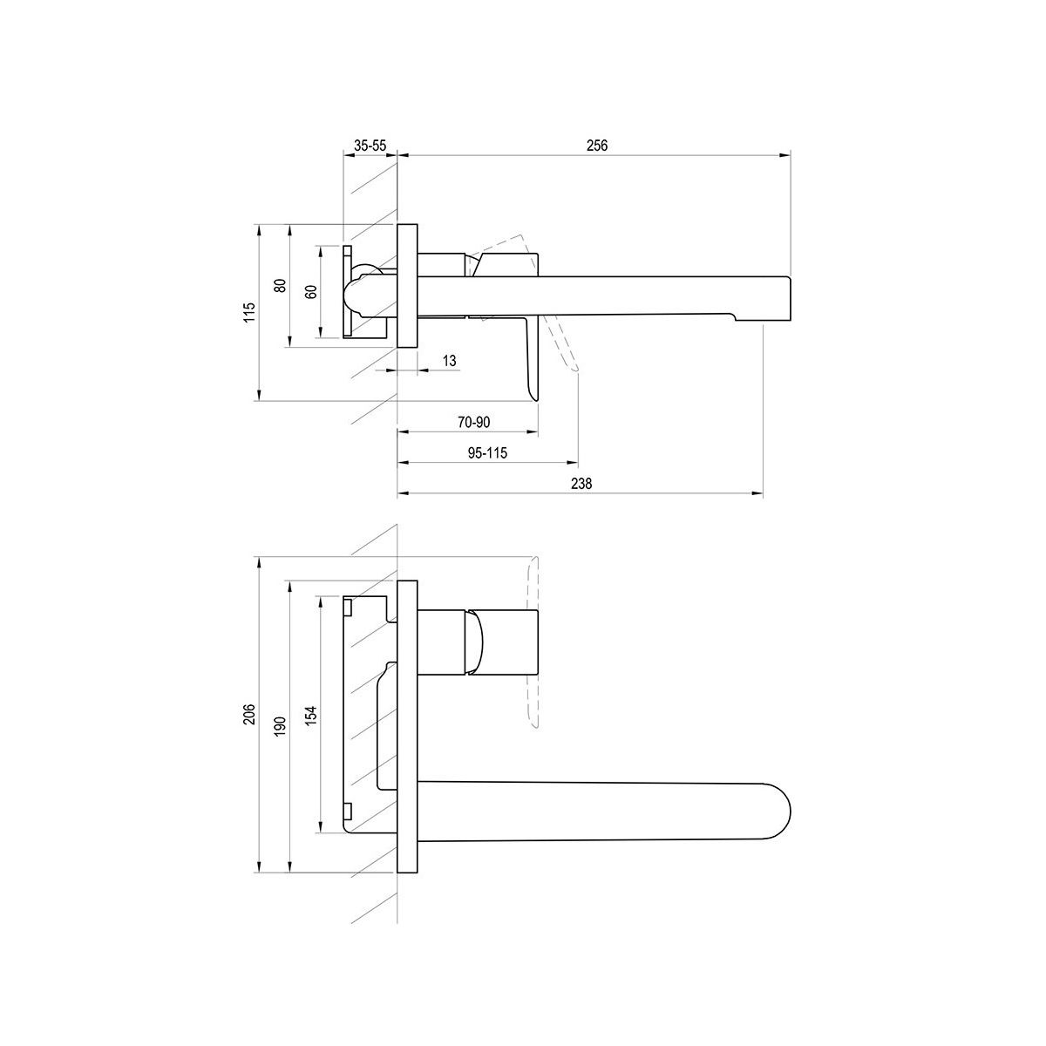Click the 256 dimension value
pyautogui.click(x=597, y=146)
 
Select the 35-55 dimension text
pyautogui.click(x=370, y=146)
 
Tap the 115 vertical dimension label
pyautogui.click(x=249, y=313)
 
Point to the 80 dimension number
pyautogui.click(x=280, y=286)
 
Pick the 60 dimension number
pyautogui.click(x=311, y=292)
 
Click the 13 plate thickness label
pyautogui.click(x=450, y=360)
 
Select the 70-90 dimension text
pyautogui.click(x=474, y=422)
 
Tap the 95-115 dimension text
pyautogui.click(x=487, y=452)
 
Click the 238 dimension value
pyautogui.click(x=581, y=483)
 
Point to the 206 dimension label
pyautogui.click(x=249, y=715)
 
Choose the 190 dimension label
pyautogui.click(x=280, y=726)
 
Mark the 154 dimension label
pyautogui.click(x=311, y=716)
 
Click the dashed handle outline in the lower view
pyautogui.click(x=533, y=641)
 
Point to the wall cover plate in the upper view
pyautogui.click(x=407, y=285)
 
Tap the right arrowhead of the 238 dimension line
pyautogui.click(x=757, y=493)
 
